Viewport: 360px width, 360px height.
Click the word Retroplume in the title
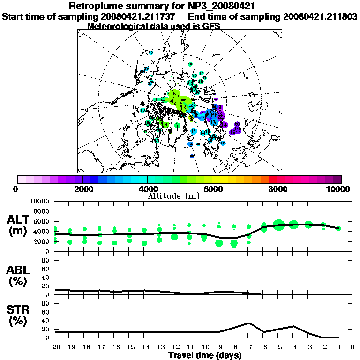[x=96, y=6]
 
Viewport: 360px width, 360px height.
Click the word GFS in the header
[x=211, y=26]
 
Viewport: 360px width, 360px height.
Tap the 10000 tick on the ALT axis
[x=39, y=201]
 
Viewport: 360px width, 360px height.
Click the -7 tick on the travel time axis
[x=248, y=347]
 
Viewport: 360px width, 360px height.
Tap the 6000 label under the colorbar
[x=212, y=189]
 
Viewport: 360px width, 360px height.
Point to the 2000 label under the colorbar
[x=82, y=189]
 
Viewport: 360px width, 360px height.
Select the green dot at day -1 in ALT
[x=338, y=228]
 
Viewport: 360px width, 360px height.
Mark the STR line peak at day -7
[x=249, y=323]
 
